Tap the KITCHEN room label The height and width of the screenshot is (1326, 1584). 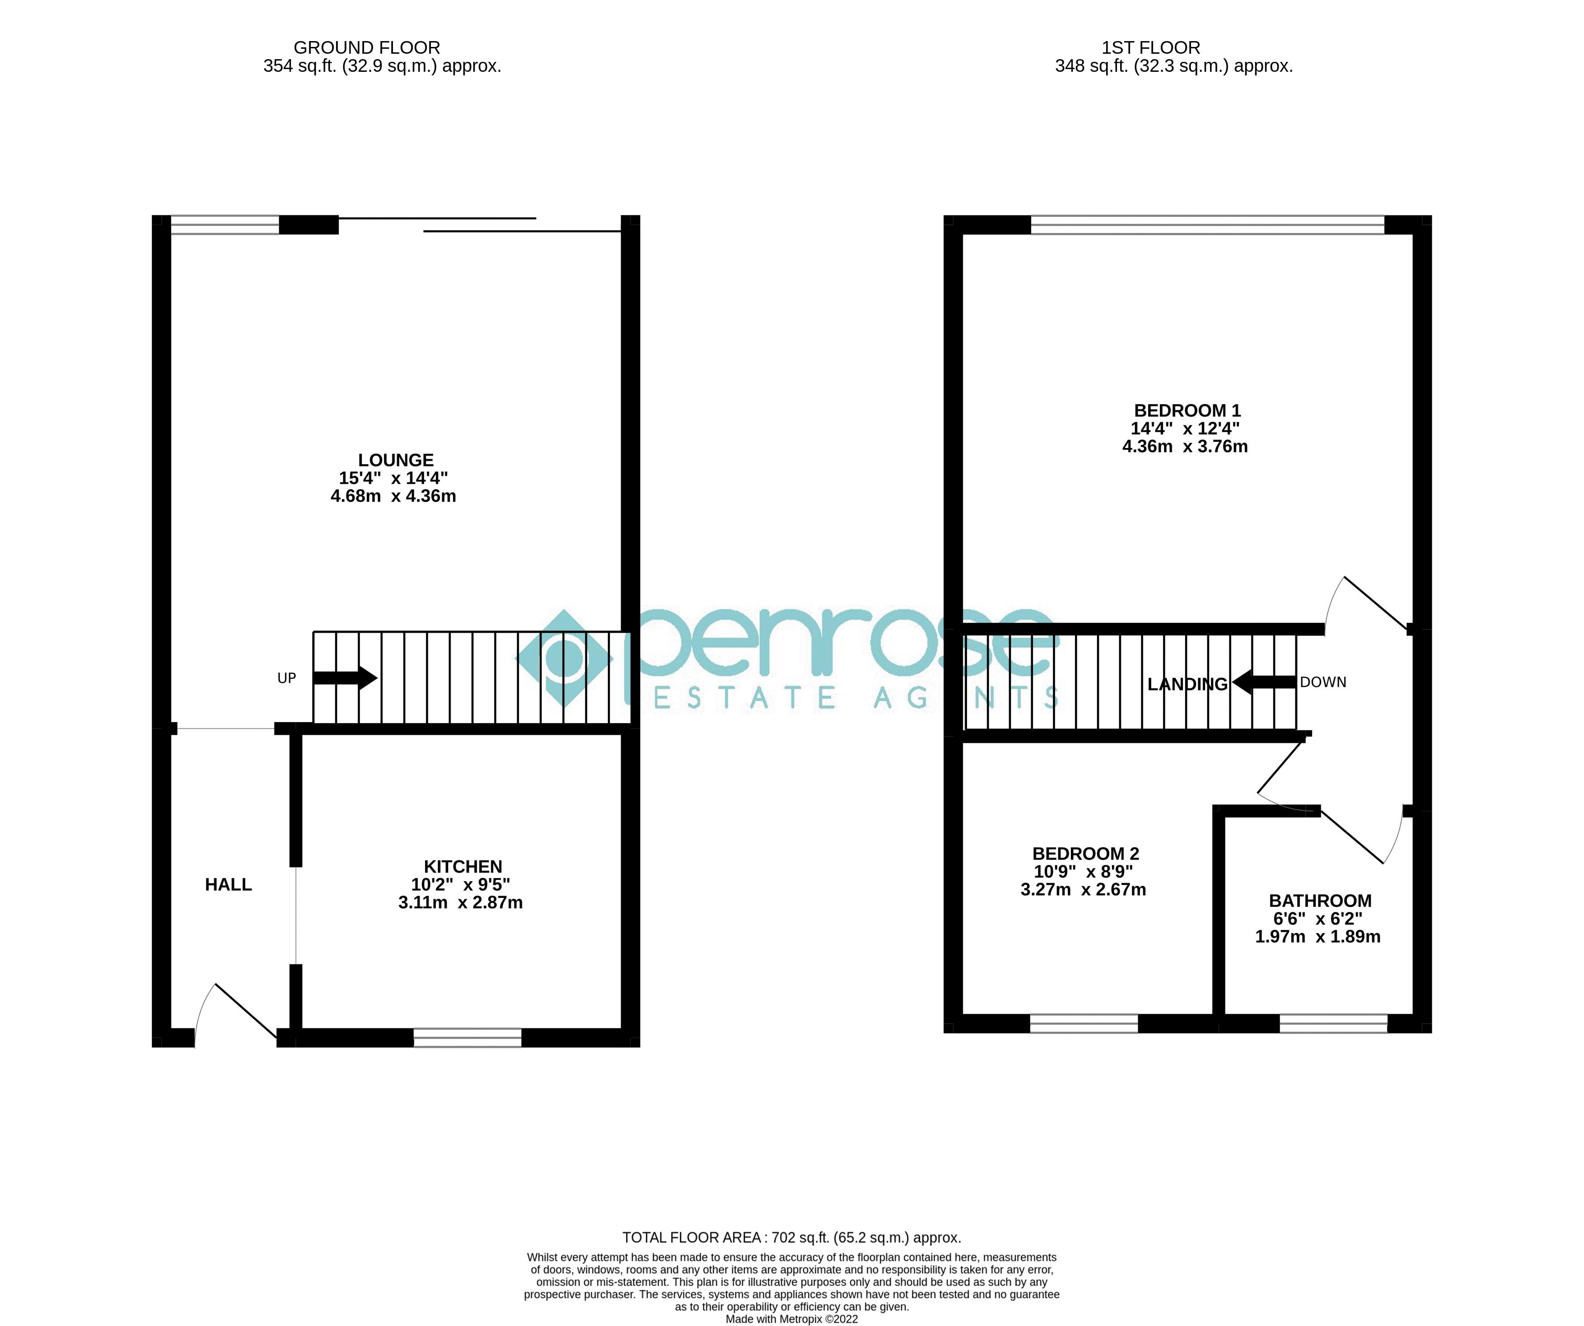click(x=463, y=867)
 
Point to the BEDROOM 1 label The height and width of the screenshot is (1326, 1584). click(x=1187, y=411)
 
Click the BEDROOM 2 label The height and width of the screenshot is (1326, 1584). click(x=1085, y=854)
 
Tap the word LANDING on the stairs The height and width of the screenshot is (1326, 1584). click(x=1187, y=684)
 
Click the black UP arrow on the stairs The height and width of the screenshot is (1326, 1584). click(x=345, y=677)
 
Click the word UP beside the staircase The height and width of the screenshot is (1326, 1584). click(x=287, y=678)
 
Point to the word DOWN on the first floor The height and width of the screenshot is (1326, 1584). click(x=1323, y=682)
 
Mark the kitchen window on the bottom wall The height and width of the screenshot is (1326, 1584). click(x=467, y=1038)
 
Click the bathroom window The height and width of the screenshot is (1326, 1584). click(x=1333, y=1023)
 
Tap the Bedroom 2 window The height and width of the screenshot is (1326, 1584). click(x=1084, y=1023)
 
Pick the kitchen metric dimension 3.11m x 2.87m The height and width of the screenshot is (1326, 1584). click(x=460, y=903)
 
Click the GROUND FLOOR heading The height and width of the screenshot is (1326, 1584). click(x=367, y=47)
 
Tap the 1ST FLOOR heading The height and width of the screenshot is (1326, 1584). click(x=1150, y=47)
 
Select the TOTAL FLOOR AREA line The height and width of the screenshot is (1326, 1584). click(x=791, y=1238)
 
